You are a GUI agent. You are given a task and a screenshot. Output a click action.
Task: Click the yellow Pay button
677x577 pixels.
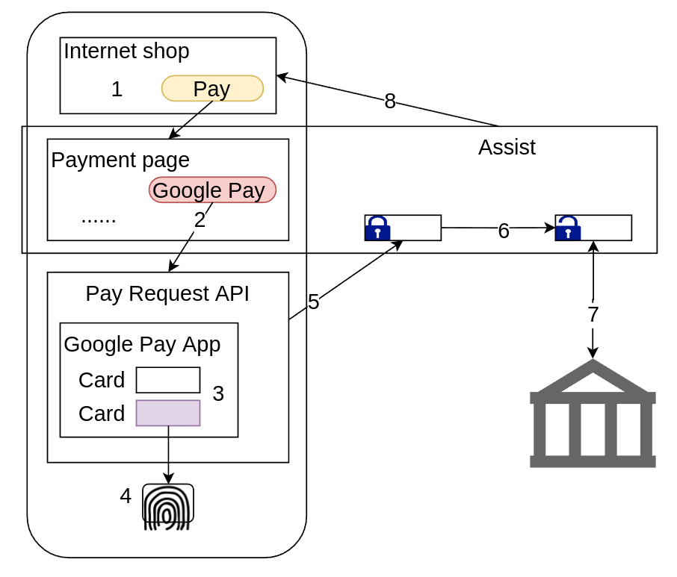[212, 89]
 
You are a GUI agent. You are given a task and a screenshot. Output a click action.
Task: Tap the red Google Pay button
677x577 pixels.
[212, 190]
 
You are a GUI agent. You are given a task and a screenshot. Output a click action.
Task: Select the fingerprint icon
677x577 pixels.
[168, 507]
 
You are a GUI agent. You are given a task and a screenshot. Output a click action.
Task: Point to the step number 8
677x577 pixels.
[390, 102]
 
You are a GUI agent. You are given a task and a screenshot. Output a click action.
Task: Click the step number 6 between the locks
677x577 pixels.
[504, 231]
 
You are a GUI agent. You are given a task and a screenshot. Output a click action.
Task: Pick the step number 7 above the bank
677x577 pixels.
[593, 315]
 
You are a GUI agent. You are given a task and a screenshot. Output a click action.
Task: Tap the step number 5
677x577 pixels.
[314, 302]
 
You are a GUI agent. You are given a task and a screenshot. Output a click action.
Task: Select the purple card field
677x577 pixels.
[168, 413]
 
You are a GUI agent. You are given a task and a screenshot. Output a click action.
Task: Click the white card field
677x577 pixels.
[168, 380]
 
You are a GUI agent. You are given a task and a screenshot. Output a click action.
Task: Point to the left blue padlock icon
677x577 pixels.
[377, 228]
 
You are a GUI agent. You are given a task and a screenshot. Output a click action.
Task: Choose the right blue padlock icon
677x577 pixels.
[568, 228]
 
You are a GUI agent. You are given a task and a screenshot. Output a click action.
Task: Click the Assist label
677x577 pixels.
[507, 147]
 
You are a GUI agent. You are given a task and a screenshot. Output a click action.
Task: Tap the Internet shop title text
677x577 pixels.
[126, 52]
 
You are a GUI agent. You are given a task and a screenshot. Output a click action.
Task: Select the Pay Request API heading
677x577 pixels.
[167, 294]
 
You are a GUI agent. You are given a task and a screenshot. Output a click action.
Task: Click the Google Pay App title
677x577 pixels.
[142, 344]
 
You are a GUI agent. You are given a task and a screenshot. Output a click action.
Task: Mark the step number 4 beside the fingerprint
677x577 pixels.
[126, 496]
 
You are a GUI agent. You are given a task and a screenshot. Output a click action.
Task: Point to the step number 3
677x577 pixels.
[218, 394]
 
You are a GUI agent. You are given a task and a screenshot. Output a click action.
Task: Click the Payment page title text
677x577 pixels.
[120, 160]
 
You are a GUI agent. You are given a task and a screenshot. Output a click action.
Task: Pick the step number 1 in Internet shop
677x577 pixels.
[117, 90]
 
